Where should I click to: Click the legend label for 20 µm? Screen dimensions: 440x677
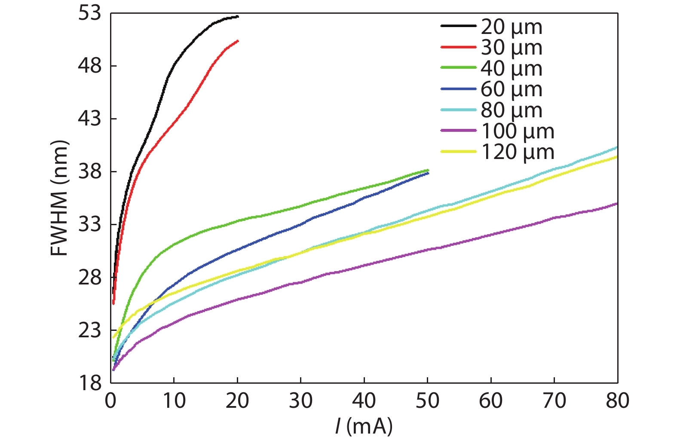[511, 27]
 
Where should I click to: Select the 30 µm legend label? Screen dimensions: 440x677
[511, 48]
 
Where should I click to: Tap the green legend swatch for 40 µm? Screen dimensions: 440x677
[458, 67]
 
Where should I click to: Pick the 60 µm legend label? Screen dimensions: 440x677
[511, 89]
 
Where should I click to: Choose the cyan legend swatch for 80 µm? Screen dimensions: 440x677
[458, 110]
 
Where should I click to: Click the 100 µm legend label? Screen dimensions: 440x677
[517, 131]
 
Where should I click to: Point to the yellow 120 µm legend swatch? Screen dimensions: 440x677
[458, 152]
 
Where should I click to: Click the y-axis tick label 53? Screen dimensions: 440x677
[89, 13]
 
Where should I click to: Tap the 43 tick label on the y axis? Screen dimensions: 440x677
[89, 119]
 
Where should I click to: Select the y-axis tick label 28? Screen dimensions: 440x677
[89, 278]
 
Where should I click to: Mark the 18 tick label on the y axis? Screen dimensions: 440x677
[89, 383]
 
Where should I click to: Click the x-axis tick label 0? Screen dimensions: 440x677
[110, 401]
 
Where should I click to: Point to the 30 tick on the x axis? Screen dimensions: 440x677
[300, 401]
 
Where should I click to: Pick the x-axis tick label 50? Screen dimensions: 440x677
[427, 401]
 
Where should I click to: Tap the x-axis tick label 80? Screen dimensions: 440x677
[617, 401]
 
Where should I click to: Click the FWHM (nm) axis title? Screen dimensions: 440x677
[59, 198]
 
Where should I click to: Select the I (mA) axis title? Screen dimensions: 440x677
[364, 426]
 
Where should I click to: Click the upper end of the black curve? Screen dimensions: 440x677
[237, 16]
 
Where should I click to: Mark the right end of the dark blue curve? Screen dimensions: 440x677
[428, 173]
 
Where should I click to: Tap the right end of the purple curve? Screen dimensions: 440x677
[617, 204]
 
